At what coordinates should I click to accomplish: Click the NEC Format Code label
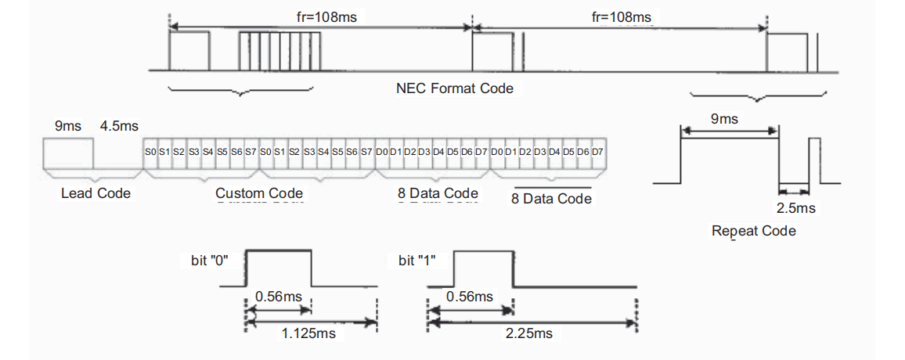(455, 88)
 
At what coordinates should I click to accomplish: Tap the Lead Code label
(96, 193)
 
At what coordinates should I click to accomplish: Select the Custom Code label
(259, 193)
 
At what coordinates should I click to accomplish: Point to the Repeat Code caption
(754, 232)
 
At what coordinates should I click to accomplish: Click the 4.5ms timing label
(119, 126)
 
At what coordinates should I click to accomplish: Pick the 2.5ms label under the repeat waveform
(796, 207)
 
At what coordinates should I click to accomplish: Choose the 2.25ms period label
(528, 333)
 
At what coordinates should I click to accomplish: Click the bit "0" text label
(210, 260)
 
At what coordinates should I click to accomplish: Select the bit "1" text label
(416, 260)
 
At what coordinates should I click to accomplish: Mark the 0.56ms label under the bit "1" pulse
(470, 297)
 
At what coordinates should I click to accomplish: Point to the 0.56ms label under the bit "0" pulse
(278, 297)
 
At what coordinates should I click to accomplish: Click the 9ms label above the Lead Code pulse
(68, 126)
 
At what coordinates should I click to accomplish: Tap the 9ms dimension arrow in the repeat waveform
(730, 132)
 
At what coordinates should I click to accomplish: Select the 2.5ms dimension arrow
(794, 190)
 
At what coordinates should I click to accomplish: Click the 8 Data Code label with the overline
(552, 199)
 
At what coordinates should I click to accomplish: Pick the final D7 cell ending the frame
(597, 153)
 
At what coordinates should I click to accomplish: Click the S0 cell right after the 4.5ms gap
(150, 153)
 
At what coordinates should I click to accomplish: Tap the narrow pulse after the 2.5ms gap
(815, 161)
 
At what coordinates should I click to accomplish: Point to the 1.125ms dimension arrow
(311, 322)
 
